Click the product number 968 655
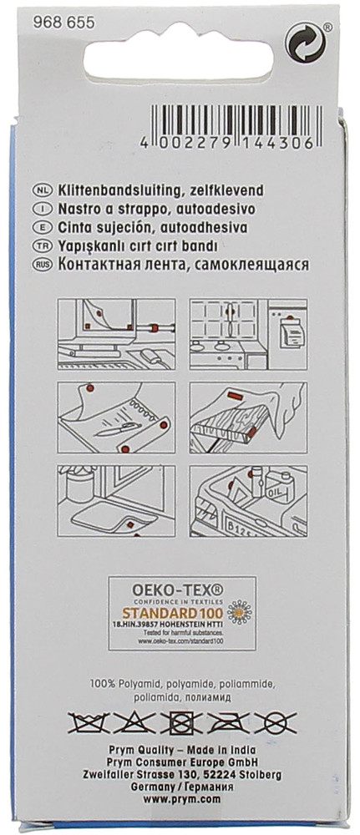coord(63,23)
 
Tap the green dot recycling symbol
coord(305,42)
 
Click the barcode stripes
coord(236,119)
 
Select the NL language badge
coord(42,190)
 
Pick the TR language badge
coord(42,246)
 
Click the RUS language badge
coord(42,266)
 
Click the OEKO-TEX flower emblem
coord(240,612)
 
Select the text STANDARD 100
coord(173,612)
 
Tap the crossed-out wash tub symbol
coord(89,722)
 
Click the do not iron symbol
coord(229,722)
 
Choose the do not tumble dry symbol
coord(181,722)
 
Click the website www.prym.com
coord(181,799)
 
